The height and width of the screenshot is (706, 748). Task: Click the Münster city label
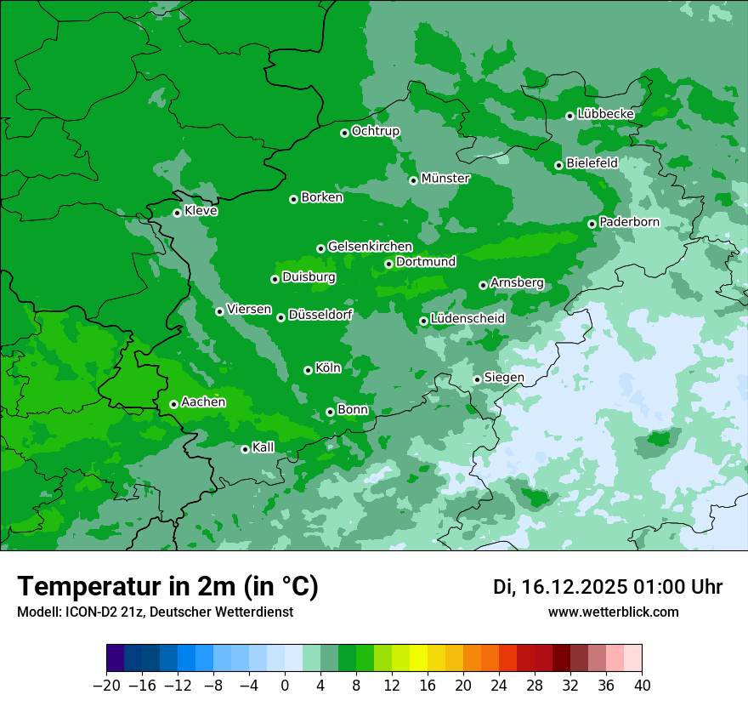445,179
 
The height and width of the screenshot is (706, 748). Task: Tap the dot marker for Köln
308,370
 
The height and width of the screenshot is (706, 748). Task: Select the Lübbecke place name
605,114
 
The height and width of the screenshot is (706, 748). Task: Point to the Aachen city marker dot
173,404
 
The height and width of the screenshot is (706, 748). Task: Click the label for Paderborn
629,222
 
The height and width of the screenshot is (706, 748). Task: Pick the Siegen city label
504,378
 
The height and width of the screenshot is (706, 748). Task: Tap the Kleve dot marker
177,213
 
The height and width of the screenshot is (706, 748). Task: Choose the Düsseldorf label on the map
320,315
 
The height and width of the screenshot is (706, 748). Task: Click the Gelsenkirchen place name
370,247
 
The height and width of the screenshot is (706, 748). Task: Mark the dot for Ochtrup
344,133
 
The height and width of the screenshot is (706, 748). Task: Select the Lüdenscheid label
467,319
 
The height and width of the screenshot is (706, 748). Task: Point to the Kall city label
263,447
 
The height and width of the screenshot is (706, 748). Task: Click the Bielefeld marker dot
558,165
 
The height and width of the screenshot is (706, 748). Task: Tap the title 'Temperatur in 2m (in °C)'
167,587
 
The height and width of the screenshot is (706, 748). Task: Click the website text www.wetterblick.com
613,612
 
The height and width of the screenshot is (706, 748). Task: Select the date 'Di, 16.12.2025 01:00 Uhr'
608,587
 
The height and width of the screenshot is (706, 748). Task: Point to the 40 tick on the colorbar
642,685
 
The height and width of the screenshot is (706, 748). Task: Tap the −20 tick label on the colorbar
106,685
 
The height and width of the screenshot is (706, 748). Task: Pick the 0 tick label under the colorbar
285,685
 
